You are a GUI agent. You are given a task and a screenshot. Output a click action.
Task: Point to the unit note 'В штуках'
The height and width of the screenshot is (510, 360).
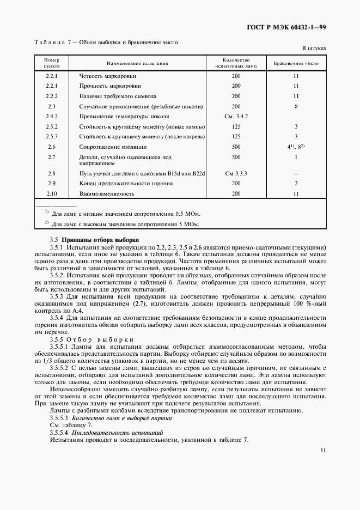pyautogui.click(x=314, y=48)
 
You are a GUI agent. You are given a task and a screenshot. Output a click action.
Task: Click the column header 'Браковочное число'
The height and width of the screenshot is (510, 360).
pyautogui.click(x=296, y=63)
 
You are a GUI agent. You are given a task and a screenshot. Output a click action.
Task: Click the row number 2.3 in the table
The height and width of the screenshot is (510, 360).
pyautogui.click(x=52, y=106)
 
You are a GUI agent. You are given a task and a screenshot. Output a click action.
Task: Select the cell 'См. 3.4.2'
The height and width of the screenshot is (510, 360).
pyautogui.click(x=236, y=116)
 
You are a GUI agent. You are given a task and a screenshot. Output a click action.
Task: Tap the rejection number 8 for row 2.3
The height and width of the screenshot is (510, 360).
pyautogui.click(x=296, y=106)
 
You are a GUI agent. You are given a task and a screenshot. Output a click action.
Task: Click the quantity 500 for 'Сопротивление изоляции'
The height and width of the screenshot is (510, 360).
pyautogui.click(x=236, y=147)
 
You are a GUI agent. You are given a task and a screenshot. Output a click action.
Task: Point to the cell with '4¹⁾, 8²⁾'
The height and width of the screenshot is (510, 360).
pyautogui.click(x=296, y=147)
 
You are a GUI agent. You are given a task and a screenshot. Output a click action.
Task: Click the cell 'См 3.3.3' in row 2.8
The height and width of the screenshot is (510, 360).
pyautogui.click(x=236, y=173)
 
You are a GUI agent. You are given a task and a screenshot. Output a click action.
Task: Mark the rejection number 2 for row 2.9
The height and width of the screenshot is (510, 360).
pyautogui.click(x=296, y=184)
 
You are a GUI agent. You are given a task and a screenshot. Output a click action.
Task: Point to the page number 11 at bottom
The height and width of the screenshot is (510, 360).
pyautogui.click(x=323, y=451)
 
